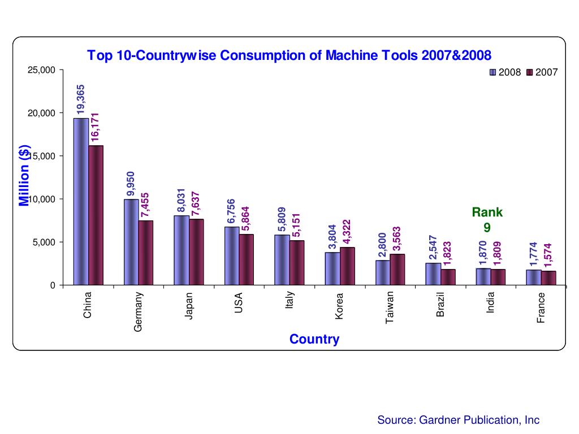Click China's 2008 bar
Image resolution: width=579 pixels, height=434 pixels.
click(x=81, y=201)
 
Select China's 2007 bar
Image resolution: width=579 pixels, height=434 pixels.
click(x=96, y=215)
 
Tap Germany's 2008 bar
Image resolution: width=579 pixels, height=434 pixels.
click(x=131, y=242)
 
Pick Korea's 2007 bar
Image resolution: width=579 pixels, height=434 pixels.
click(x=347, y=266)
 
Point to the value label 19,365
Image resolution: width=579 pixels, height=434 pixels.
click(x=81, y=100)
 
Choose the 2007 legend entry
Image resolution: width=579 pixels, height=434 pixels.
click(x=542, y=72)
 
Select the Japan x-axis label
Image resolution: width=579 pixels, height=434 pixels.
click(x=189, y=306)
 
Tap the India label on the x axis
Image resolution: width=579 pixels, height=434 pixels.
click(x=491, y=303)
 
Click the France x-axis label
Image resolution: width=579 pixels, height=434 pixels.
click(x=541, y=308)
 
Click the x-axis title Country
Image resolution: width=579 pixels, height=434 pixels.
click(x=314, y=339)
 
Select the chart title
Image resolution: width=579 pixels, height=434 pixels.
click(x=289, y=55)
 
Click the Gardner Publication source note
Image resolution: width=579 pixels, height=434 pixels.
click(x=458, y=420)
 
